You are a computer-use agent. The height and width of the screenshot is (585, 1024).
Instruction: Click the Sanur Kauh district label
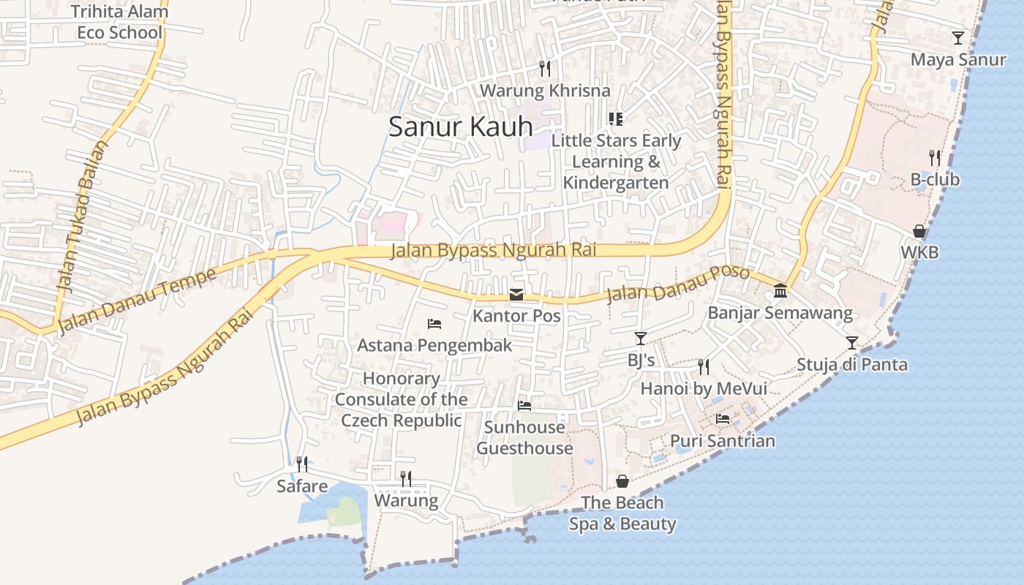[460, 127]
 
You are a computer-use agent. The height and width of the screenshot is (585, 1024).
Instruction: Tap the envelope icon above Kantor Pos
[516, 295]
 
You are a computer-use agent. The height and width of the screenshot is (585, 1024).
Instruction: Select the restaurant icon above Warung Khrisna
[544, 69]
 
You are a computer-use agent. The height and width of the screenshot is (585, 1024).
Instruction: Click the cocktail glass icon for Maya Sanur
[958, 38]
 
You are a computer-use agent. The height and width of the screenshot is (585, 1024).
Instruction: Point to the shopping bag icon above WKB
[919, 232]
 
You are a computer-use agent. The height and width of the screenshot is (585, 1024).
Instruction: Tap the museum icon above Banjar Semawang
[780, 291]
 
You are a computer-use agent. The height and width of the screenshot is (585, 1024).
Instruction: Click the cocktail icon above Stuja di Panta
[851, 342]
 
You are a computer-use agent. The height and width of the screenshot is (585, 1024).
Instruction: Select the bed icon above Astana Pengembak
[434, 323]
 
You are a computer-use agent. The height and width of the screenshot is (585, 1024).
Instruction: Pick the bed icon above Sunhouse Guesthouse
[524, 405]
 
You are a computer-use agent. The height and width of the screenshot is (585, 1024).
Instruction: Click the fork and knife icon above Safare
[301, 464]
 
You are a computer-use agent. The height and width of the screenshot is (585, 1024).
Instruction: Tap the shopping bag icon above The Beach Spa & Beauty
[622, 480]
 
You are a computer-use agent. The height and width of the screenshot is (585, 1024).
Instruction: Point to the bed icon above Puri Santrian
[723, 419]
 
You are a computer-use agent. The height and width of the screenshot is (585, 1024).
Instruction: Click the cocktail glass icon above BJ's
[641, 338]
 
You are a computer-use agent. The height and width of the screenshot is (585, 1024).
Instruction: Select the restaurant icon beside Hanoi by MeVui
[704, 366]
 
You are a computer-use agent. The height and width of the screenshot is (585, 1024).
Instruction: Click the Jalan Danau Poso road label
[678, 284]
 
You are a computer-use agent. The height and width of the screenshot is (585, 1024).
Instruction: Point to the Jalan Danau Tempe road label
[138, 300]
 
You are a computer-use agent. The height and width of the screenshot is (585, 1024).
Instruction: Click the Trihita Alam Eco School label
[120, 22]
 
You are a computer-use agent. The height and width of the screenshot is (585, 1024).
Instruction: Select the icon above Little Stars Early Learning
[616, 118]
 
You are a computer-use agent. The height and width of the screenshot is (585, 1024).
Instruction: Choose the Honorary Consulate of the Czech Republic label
[402, 399]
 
